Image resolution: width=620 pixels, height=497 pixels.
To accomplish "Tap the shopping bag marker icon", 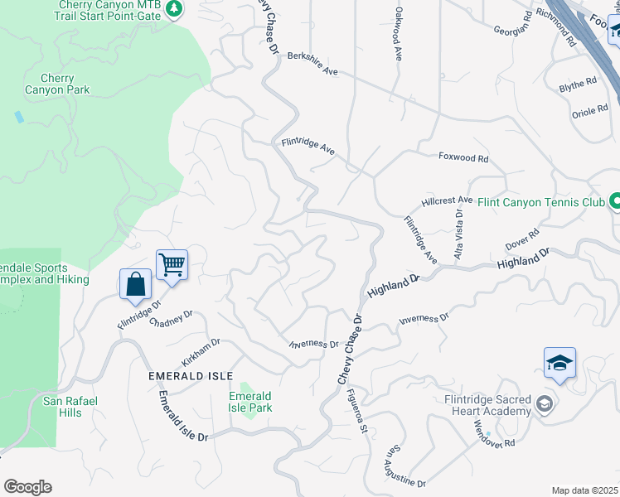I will [135, 285].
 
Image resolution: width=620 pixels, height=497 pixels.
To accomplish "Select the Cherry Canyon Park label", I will [57, 83].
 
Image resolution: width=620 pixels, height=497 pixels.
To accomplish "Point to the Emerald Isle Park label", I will [250, 402].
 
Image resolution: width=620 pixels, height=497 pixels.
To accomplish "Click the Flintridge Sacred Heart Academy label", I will [487, 405].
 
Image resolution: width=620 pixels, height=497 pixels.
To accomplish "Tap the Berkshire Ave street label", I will [312, 64].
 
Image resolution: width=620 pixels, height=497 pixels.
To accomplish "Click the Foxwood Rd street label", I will [463, 157].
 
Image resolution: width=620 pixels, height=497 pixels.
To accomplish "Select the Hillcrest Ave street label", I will [447, 200].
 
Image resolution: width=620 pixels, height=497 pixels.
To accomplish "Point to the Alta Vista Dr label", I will [458, 234].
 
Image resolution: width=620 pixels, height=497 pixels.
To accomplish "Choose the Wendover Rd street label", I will [495, 432].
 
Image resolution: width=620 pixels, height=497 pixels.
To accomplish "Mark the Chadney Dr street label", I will [171, 319].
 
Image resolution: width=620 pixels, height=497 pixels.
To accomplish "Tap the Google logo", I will [27, 487].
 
